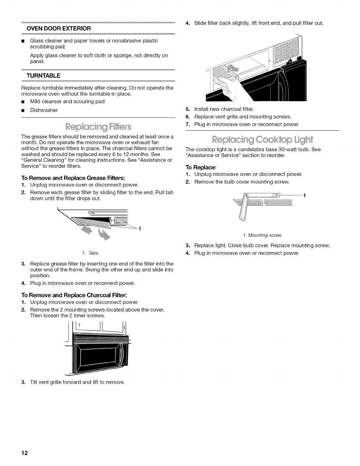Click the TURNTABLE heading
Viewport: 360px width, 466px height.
(x=44, y=76)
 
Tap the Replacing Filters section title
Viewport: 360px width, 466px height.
(x=97, y=127)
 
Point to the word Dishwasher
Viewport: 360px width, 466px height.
(x=44, y=110)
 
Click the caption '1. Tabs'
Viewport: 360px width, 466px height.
(x=94, y=253)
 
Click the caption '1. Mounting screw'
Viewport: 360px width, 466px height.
(x=262, y=235)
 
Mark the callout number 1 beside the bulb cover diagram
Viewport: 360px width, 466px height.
(x=304, y=195)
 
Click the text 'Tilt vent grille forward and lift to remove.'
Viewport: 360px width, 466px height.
(x=77, y=382)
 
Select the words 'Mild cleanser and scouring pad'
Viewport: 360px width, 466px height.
(x=67, y=101)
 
